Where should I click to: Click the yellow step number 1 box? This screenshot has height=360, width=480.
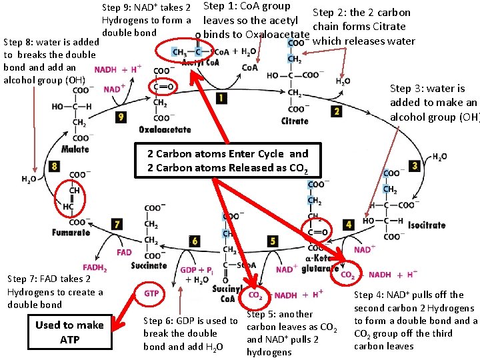pos(221,98)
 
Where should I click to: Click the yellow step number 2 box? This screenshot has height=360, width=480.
pos(337,111)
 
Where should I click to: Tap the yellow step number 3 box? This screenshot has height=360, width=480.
pos(415,165)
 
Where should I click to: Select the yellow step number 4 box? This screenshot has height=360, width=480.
pos(348,225)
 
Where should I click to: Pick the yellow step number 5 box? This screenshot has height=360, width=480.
pos(273,240)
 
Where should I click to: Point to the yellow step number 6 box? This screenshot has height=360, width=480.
pos(194,240)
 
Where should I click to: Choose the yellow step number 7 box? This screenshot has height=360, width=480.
pos(117,224)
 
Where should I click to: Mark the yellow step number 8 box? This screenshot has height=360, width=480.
pos(53,166)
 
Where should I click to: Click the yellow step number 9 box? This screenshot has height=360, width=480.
pos(120,117)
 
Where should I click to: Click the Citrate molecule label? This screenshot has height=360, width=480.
pos(295,121)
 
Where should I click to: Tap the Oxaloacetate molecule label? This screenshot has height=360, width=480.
pos(165,129)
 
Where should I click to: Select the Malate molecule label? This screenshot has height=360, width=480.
pos(75,149)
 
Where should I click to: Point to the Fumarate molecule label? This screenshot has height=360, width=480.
pos(71,233)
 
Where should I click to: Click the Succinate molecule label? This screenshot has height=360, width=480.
pos(149,265)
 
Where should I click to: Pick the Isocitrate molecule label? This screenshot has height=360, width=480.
pos(427,225)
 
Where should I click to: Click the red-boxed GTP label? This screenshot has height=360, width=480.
pos(151,293)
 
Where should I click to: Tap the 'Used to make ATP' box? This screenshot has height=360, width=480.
pos(69,332)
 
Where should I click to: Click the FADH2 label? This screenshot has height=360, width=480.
pos(95,268)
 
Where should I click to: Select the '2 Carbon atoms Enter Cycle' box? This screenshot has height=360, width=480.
pos(227,161)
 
